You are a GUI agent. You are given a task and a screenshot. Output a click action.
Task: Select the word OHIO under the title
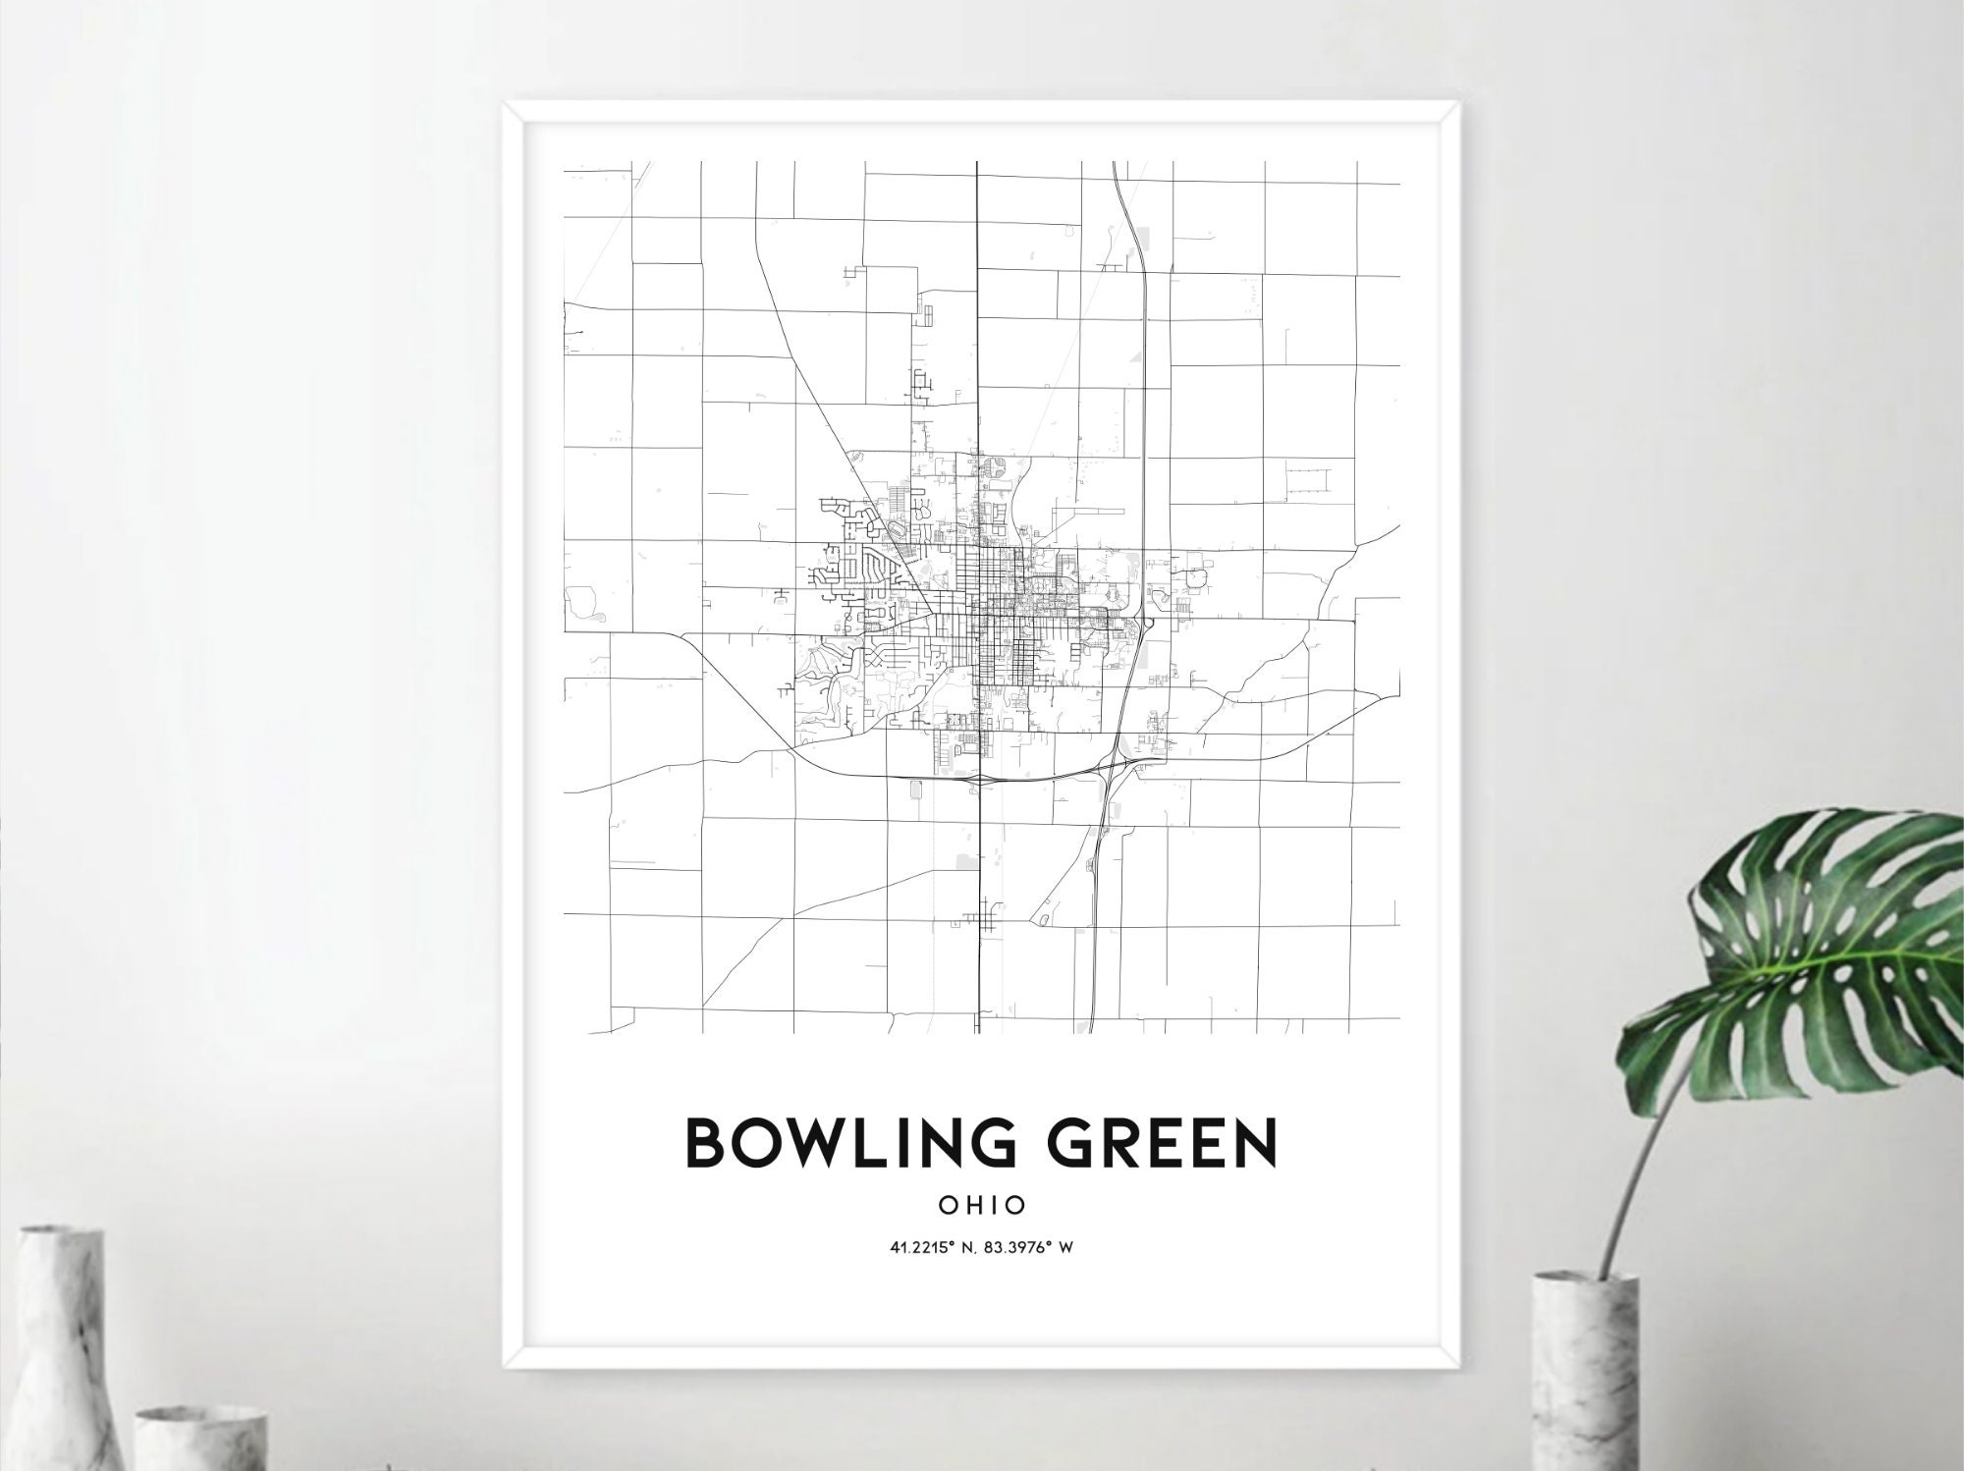pos(982,1205)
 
